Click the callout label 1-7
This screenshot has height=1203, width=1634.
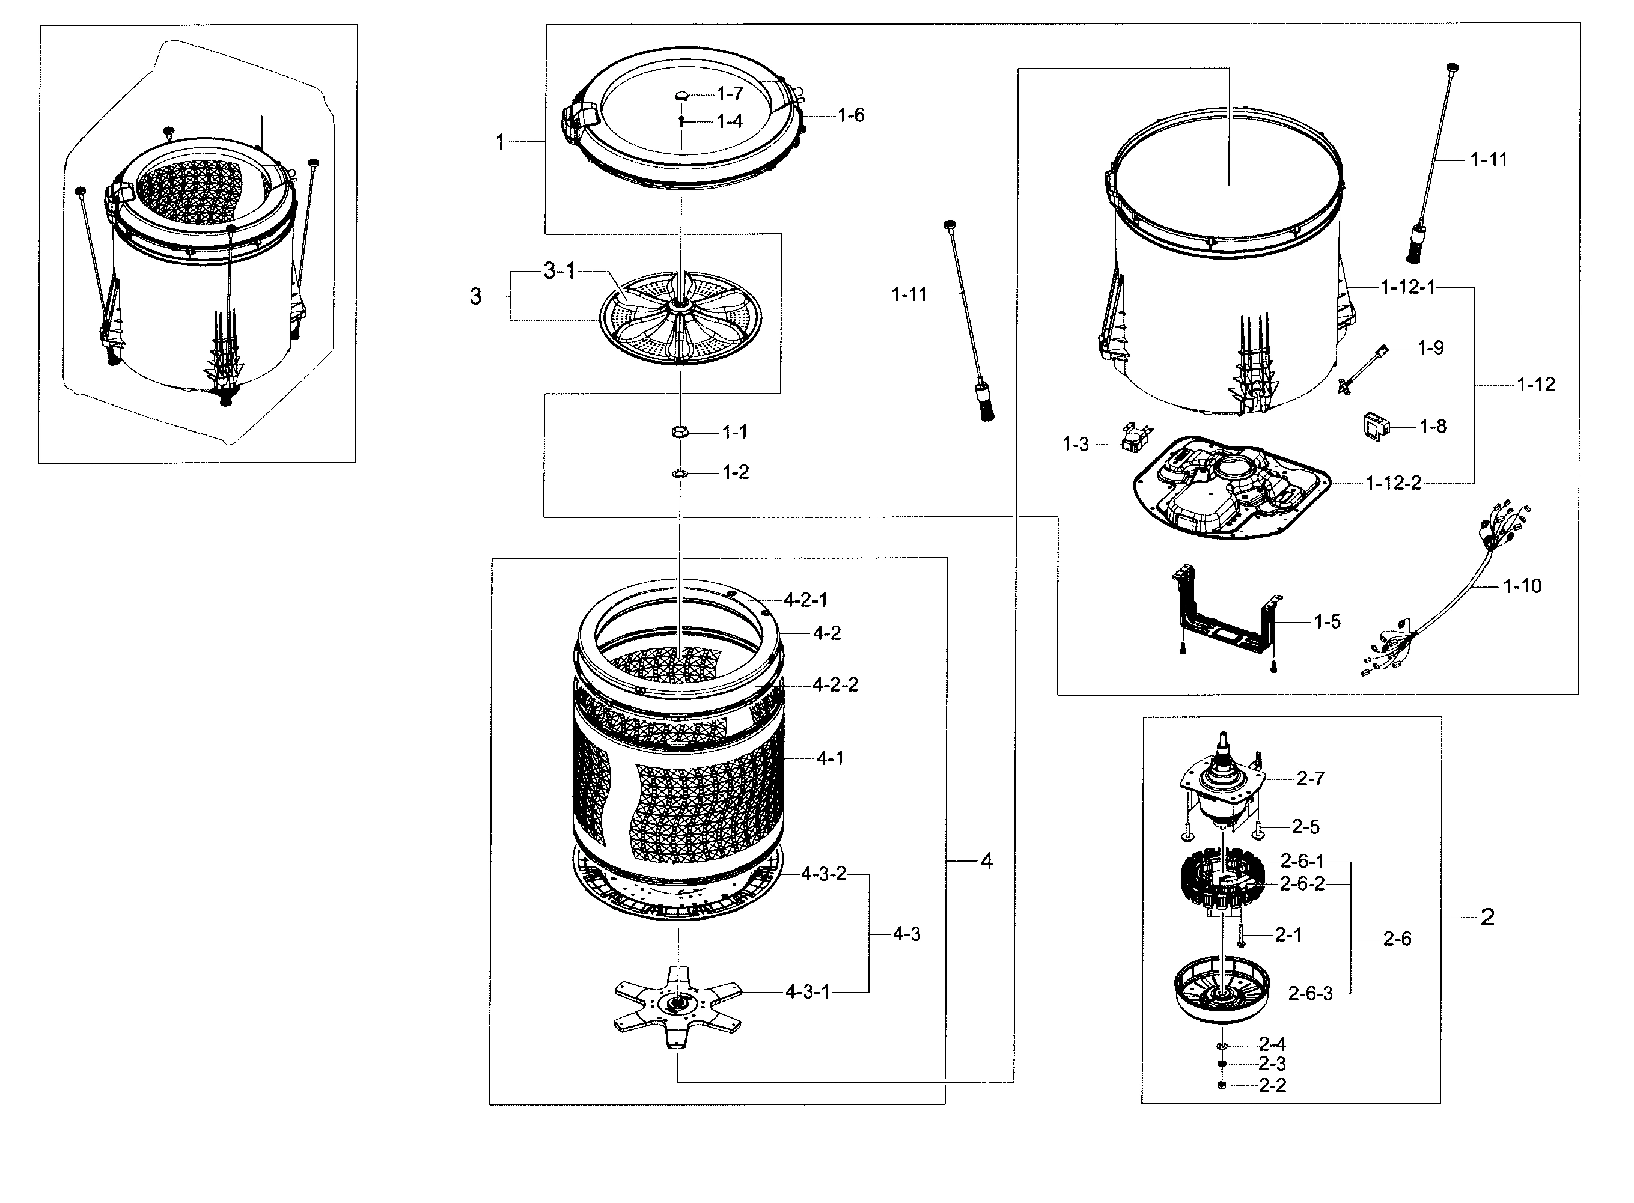click(730, 94)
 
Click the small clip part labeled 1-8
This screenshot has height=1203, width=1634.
click(1374, 426)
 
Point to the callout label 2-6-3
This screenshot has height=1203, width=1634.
click(1310, 994)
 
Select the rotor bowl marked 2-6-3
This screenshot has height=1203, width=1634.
click(1221, 994)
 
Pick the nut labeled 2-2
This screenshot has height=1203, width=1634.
click(1222, 1086)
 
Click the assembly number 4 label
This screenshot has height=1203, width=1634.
click(986, 862)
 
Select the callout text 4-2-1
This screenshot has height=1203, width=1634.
click(805, 601)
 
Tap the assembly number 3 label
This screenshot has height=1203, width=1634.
click(475, 296)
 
